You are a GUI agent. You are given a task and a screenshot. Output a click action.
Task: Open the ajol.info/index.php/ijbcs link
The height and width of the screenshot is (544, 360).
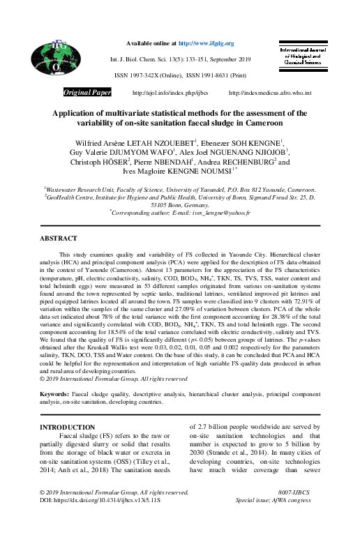[160, 93]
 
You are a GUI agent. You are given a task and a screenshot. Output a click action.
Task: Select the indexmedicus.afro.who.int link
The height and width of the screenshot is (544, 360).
[270, 93]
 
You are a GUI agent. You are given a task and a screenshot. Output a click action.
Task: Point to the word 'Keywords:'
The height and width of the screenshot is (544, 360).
[55, 394]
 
